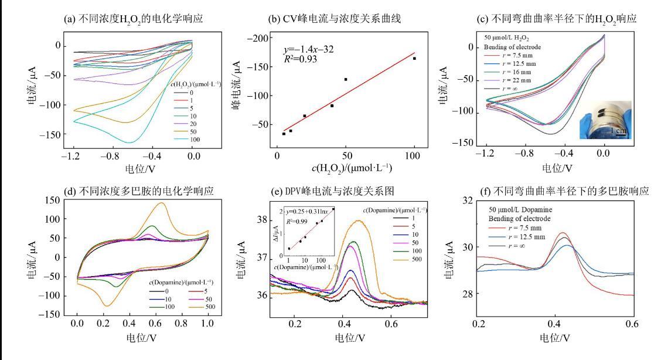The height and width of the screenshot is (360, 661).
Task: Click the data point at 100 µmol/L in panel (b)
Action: [x=414, y=59]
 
